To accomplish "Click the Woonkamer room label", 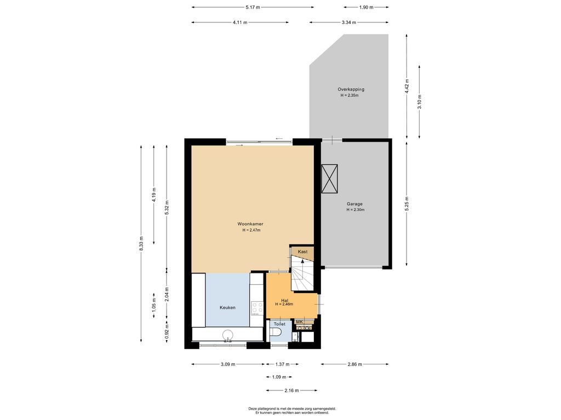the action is pos(250,224).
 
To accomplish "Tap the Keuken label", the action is pos(227,307).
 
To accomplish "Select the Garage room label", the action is pos(354,204).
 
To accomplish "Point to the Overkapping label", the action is pos(351,89).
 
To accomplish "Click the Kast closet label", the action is pos(302,252).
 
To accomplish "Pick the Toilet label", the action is pos(280,324).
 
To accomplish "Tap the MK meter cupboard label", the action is pos(300,322).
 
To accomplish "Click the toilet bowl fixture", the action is pos(276,332).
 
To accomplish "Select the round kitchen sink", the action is pos(227,335).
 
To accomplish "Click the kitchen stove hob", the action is pos(257,308).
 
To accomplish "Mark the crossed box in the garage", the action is pos(329,179).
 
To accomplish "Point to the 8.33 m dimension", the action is pos(141,243).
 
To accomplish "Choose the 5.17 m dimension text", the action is pos(253,7).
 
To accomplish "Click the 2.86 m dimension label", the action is pos(354,364).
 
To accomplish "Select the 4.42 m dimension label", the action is pos(407,86).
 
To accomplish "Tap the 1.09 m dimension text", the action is pos(279,377).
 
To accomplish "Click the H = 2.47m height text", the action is pos(251,230).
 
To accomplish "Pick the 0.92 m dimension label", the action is pos(167,331).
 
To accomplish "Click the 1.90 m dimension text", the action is pos(366,7).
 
